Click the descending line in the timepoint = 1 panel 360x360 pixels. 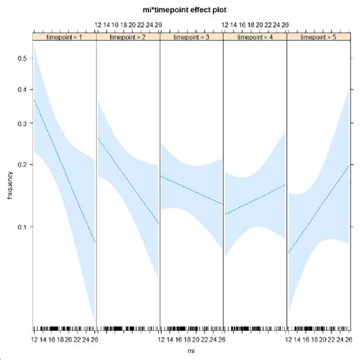point(65,171)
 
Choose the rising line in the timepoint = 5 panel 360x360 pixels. point(318,209)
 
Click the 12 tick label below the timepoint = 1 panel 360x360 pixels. point(34,339)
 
